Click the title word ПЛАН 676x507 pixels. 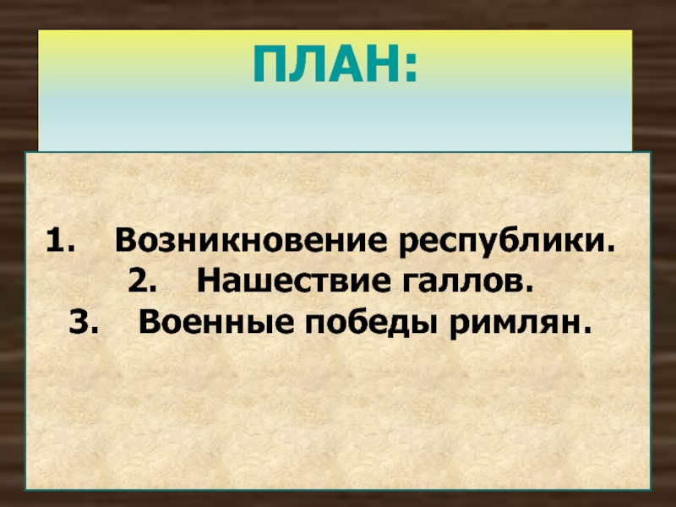pyautogui.click(x=328, y=64)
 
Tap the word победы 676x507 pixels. pyautogui.click(x=370, y=324)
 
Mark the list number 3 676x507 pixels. pyautogui.click(x=82, y=323)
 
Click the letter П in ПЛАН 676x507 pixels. pyautogui.click(x=269, y=64)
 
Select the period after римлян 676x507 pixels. pyautogui.click(x=585, y=330)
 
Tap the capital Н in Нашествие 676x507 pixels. pyautogui.click(x=208, y=281)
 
